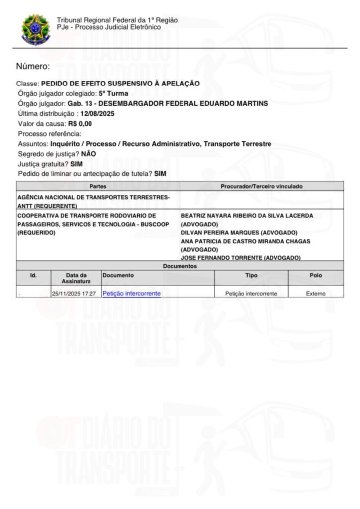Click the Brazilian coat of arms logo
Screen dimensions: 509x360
[34, 29]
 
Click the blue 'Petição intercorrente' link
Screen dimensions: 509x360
[131, 293]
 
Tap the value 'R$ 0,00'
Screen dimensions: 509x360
[80, 124]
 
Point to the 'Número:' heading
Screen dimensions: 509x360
[33, 66]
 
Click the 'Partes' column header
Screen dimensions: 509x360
[98, 186]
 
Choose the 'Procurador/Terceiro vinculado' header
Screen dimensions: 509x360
[262, 186]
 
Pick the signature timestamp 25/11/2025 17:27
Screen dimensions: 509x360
[74, 294]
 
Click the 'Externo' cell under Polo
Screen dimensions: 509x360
[316, 294]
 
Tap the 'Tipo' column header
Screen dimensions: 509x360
[251, 275]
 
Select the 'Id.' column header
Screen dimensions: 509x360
[33, 275]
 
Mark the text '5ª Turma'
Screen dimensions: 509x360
[114, 93]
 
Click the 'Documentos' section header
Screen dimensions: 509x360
[180, 266]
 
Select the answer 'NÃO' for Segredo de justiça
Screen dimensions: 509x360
[89, 154]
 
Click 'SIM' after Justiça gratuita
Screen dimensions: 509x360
[77, 164]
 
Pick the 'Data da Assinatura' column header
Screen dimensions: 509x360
[76, 278]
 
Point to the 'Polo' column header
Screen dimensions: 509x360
[316, 275]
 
